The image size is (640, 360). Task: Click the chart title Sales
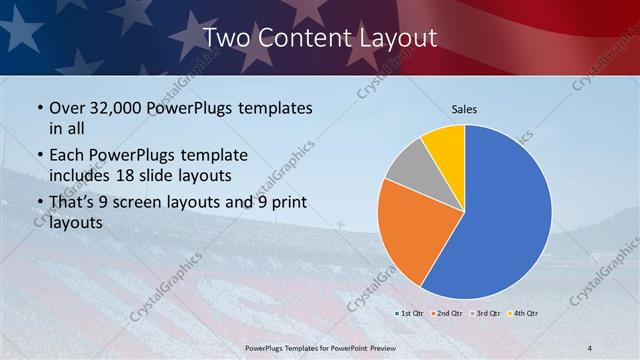point(464,108)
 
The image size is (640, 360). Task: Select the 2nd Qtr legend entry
point(447,314)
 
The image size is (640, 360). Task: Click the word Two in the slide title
point(226,38)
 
